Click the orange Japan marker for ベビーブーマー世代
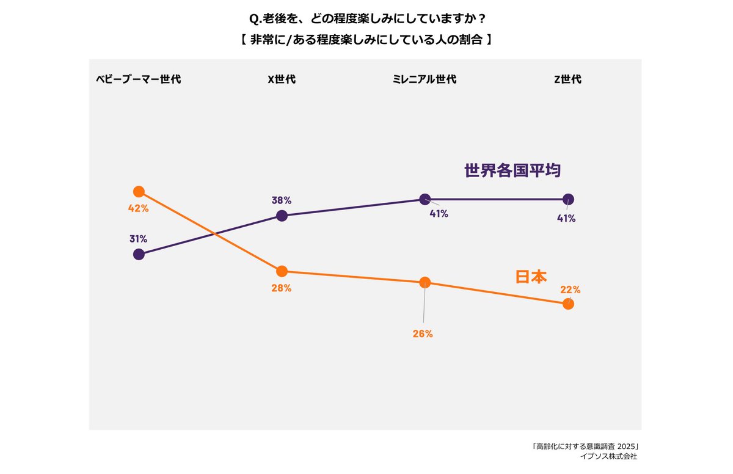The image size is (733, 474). pos(139,192)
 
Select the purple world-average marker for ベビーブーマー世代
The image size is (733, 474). pos(139,254)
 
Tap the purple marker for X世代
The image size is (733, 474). pos(282,216)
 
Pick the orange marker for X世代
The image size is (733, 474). pos(282,271)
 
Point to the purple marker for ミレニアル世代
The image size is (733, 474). pos(425,199)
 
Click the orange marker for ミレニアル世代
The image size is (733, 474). pos(425,282)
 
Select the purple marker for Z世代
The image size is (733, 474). pos(568,199)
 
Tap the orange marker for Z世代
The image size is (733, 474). pos(568,304)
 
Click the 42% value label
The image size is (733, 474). pos(139,208)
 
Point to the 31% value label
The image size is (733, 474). pos(138,239)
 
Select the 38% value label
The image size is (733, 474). pos(282,200)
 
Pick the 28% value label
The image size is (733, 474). pos(282,288)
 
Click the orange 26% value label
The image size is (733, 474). pos(423,334)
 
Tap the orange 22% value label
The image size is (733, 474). pos(571,290)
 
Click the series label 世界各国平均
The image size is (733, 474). pos(512,170)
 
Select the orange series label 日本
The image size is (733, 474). pos(531,277)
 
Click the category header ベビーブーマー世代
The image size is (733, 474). pos(139,79)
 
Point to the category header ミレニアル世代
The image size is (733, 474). pos(425,79)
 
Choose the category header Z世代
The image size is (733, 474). pos(567,79)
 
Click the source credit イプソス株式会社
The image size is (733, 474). pos(608,456)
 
